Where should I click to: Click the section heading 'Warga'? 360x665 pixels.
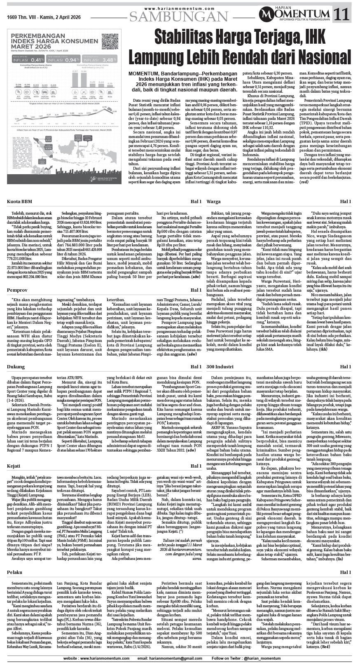tap(213, 201)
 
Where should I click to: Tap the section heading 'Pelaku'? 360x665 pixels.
tap(15, 572)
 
